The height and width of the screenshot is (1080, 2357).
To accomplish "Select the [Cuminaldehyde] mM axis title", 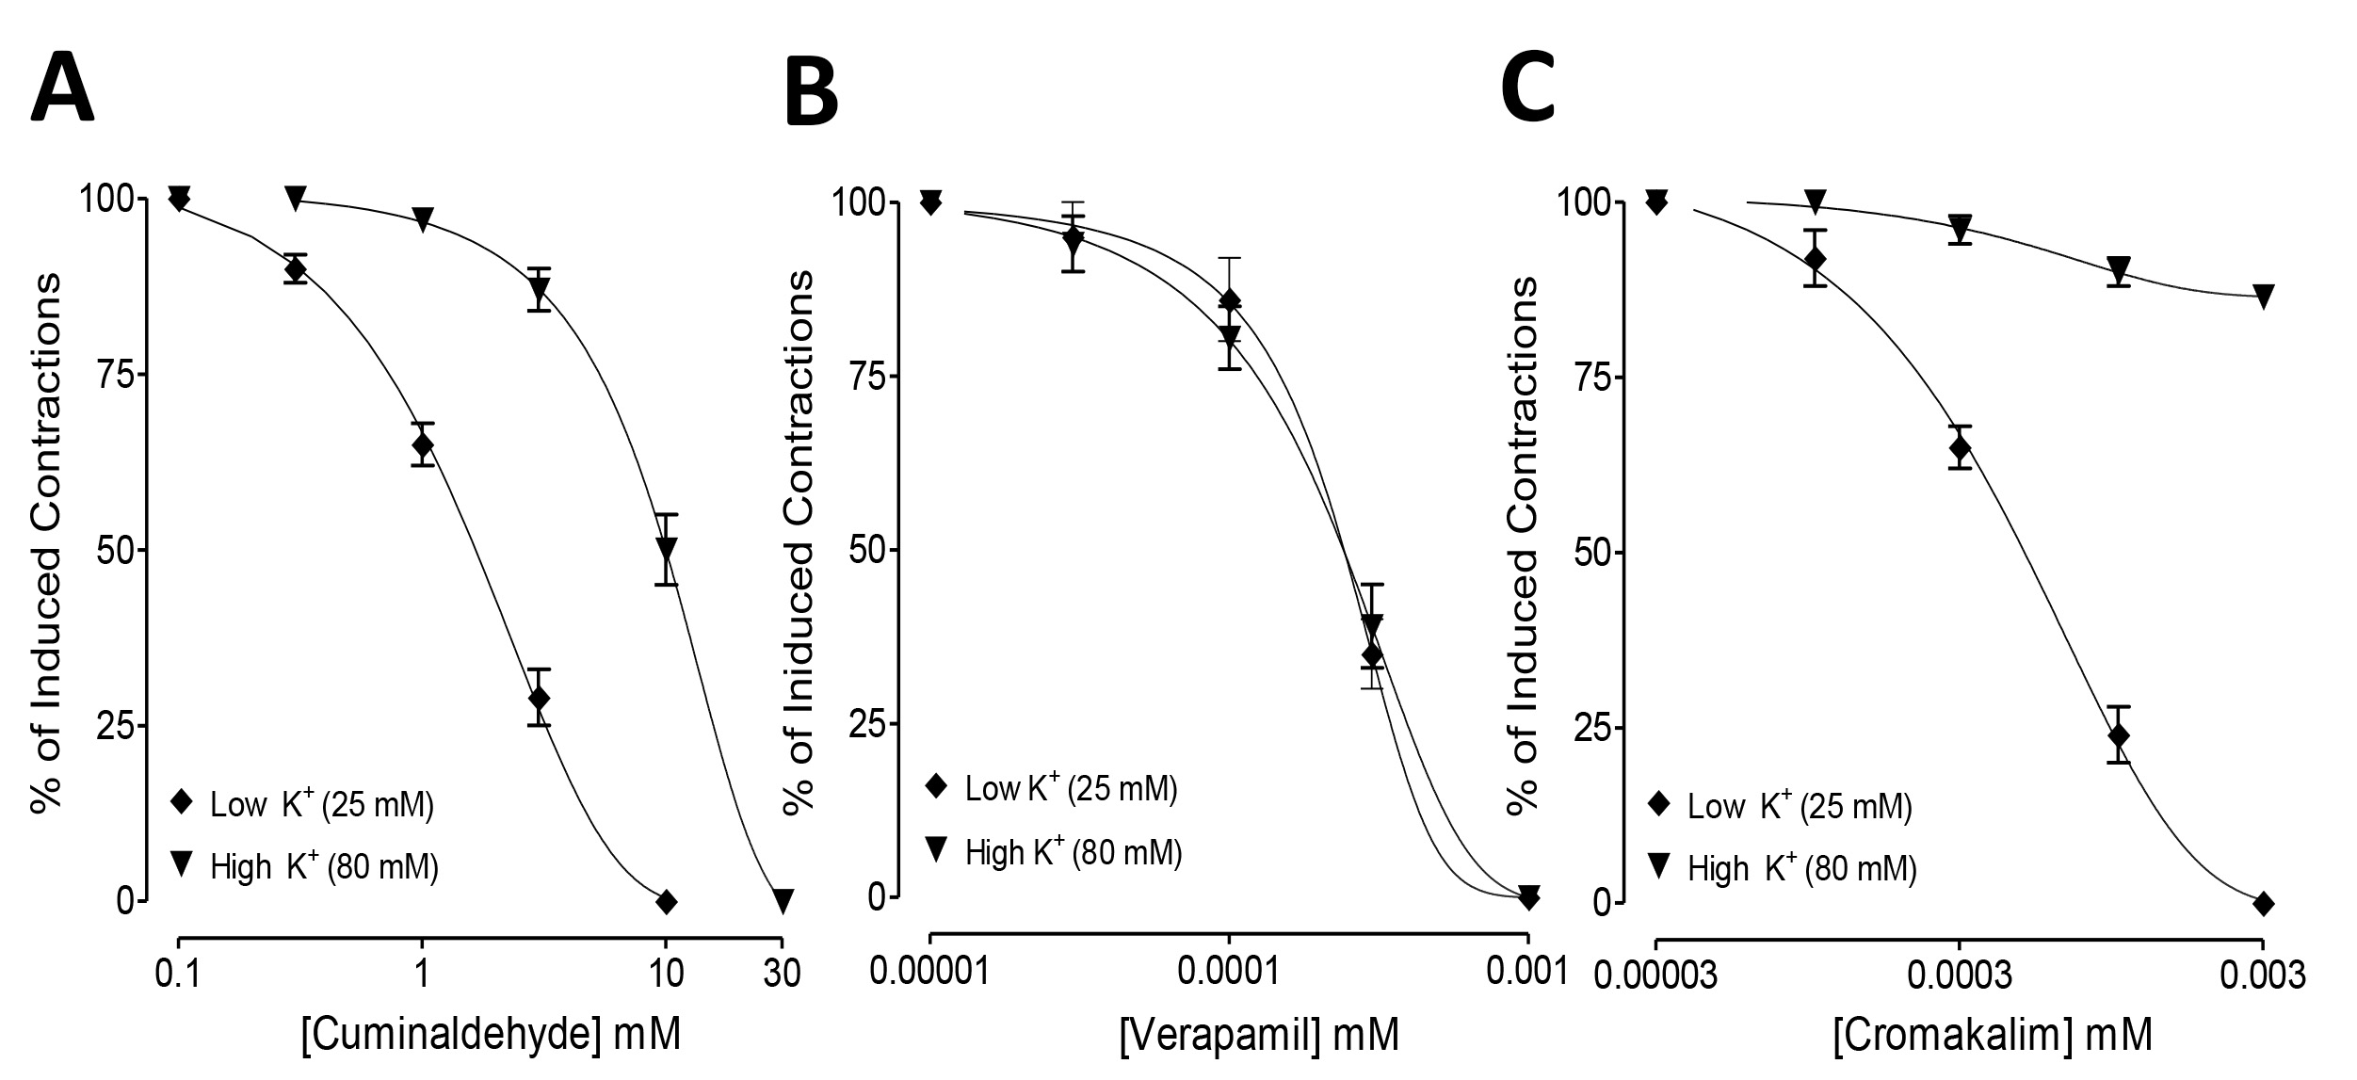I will pyautogui.click(x=490, y=1035).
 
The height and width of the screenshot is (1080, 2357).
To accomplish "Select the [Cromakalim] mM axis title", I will pyautogui.click(x=1992, y=1035).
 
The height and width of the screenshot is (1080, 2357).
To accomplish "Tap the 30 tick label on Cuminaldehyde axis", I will pyautogui.click(x=782, y=973).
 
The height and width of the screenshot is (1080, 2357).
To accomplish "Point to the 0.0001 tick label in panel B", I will pyautogui.click(x=1229, y=973).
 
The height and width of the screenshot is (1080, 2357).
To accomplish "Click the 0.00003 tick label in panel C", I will pyautogui.click(x=1655, y=975).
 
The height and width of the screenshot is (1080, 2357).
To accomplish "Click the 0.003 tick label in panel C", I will pyautogui.click(x=2261, y=975).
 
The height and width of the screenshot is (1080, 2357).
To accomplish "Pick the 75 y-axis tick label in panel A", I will pyautogui.click(x=117, y=375).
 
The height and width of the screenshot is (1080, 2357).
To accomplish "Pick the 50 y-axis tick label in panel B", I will pyautogui.click(x=868, y=551).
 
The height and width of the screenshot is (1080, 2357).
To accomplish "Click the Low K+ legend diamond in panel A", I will pyautogui.click(x=182, y=804).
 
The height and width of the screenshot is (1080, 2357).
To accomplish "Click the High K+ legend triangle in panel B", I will pyautogui.click(x=936, y=851).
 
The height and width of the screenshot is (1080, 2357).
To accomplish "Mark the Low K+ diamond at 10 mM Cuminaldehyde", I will pyautogui.click(x=666, y=901).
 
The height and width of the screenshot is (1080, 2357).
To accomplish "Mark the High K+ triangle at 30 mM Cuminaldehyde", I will pyautogui.click(x=782, y=901).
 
